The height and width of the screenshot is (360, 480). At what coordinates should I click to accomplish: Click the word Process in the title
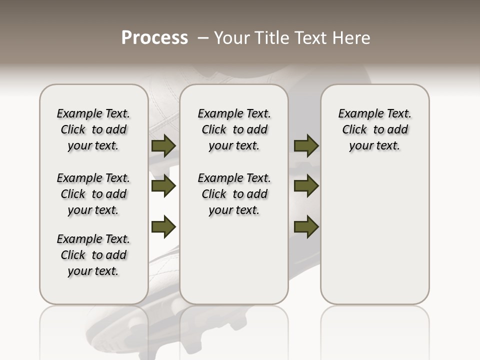click(154, 38)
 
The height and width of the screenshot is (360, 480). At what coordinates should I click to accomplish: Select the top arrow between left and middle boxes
click(163, 146)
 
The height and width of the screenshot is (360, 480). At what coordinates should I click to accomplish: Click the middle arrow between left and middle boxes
click(163, 186)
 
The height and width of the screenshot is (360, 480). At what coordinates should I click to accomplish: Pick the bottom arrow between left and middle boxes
click(163, 226)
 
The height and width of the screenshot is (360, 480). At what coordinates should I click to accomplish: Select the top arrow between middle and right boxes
click(306, 146)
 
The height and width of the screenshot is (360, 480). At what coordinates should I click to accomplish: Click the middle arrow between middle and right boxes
click(306, 186)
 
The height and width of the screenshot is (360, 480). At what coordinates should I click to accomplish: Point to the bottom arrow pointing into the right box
click(306, 226)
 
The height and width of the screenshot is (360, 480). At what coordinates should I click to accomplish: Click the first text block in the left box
click(93, 129)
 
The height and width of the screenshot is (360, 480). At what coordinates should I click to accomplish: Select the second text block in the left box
click(93, 194)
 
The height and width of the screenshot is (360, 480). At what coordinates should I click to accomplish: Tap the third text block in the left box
click(93, 255)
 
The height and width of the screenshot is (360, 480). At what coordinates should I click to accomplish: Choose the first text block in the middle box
click(234, 129)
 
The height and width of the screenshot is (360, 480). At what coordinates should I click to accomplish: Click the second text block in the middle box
click(234, 194)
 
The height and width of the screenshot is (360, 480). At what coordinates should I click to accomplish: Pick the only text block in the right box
click(374, 129)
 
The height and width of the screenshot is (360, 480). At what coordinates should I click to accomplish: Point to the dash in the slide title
click(203, 38)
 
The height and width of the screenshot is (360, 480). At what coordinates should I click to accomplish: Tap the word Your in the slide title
click(232, 38)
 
